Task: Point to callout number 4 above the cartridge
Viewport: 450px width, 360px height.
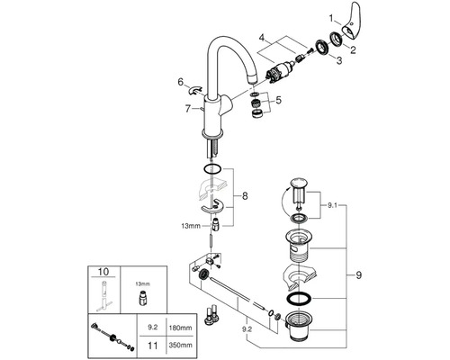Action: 262,39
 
